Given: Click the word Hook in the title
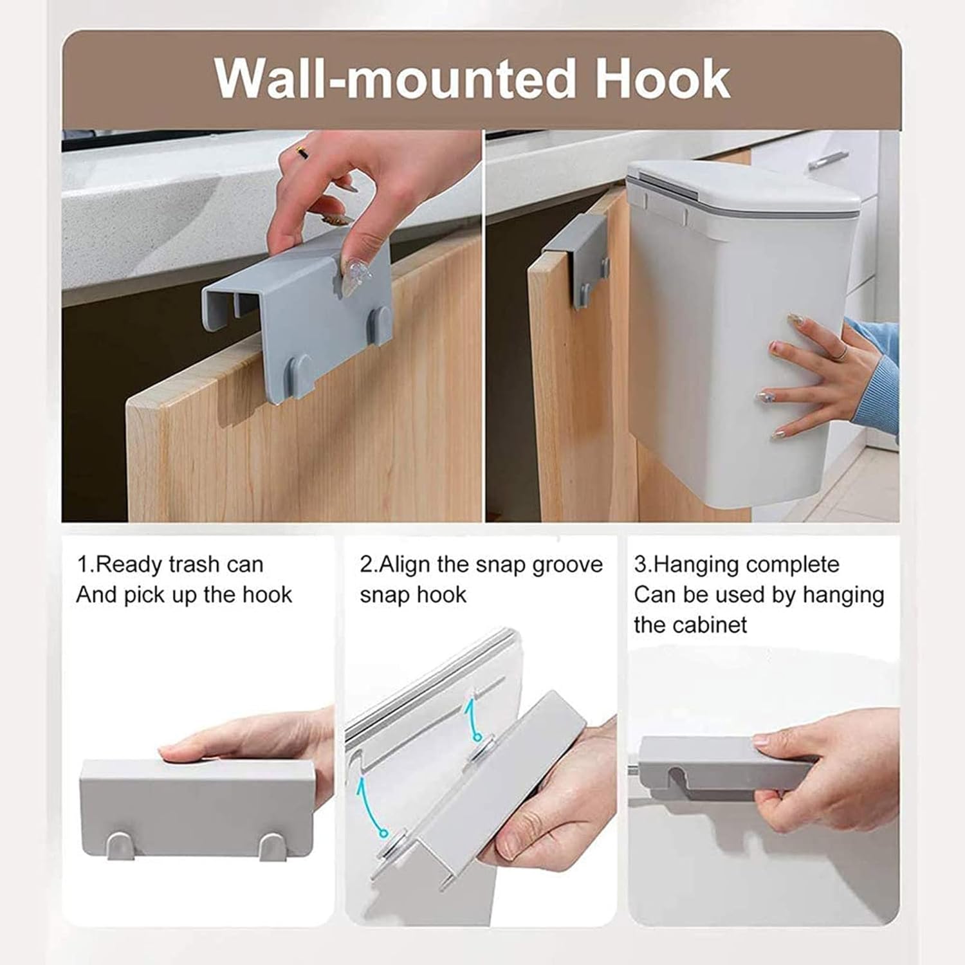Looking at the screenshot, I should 662,79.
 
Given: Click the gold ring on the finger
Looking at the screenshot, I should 301,152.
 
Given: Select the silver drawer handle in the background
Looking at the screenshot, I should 828,158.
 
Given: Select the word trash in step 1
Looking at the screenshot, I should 194,565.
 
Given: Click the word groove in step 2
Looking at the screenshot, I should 566,565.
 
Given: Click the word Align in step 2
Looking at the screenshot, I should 405,565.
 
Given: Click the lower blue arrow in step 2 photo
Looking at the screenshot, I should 371,804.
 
